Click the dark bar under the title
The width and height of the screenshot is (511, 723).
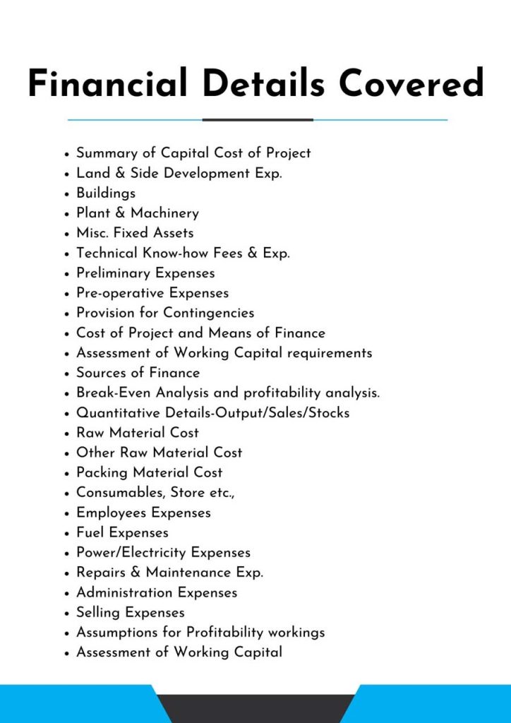pos(258,119)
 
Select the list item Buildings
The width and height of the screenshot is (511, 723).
pos(106,193)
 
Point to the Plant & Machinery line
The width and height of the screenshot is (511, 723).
pos(138,213)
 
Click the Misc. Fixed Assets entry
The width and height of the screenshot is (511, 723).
pos(135,232)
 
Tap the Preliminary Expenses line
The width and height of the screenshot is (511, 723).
pos(145,273)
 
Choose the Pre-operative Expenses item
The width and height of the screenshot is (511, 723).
pos(152,292)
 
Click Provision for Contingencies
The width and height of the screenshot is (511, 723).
pos(165,312)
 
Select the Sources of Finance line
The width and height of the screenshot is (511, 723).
pos(138,372)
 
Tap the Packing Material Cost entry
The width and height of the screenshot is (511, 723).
pos(150,472)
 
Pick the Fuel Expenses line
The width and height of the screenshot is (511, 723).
pos(123,532)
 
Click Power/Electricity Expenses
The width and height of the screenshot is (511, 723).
pos(163,552)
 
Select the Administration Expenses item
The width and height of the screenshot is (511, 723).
pos(157,592)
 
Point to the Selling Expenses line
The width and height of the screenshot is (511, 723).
pos(131,612)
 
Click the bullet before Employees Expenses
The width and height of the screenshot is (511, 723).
pos(66,513)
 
